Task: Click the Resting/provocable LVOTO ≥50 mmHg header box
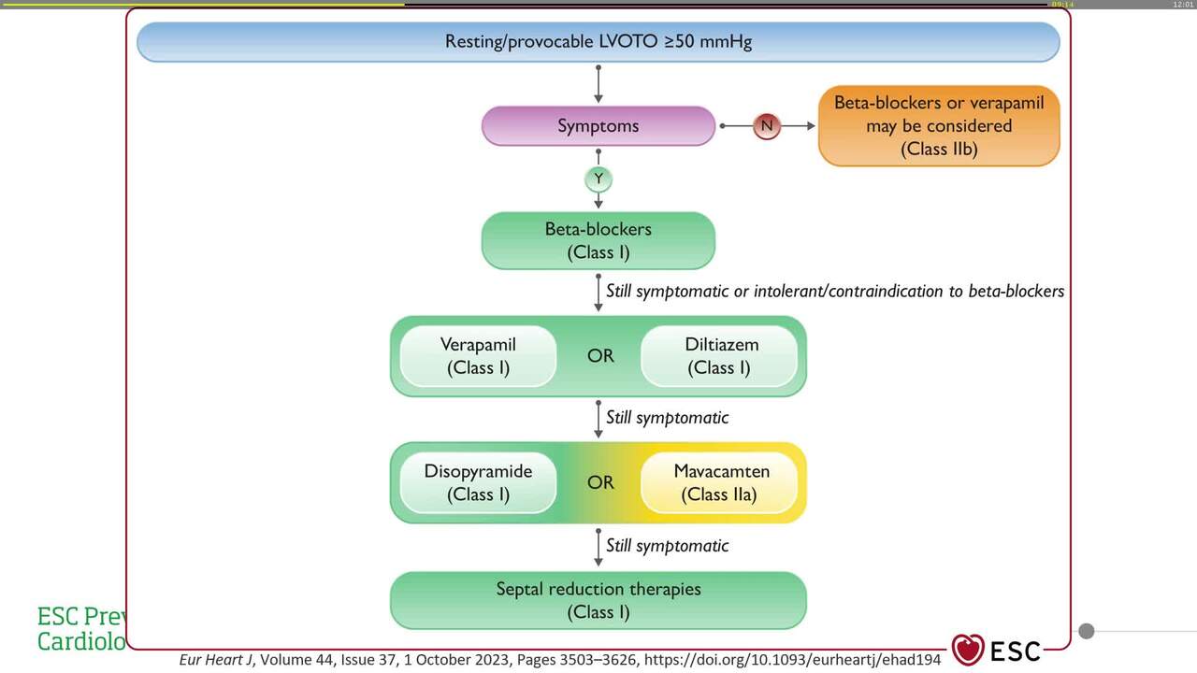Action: tap(598, 42)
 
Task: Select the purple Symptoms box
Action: tap(598, 126)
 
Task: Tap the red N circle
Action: tap(766, 125)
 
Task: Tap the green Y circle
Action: tap(598, 178)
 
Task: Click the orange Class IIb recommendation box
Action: tap(939, 126)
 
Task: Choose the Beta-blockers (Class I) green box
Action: tap(598, 240)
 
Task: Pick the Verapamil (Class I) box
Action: tap(478, 356)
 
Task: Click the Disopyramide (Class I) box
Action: tap(478, 482)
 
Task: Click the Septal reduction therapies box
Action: tap(598, 600)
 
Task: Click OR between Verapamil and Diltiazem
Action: tap(600, 356)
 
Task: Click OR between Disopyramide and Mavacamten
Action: tap(600, 482)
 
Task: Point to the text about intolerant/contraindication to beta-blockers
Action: tap(835, 291)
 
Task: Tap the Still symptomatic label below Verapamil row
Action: tap(667, 418)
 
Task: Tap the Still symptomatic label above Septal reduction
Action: tap(667, 545)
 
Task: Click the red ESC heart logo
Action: tap(968, 650)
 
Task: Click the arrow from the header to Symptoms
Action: tap(598, 84)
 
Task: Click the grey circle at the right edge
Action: tap(1086, 631)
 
